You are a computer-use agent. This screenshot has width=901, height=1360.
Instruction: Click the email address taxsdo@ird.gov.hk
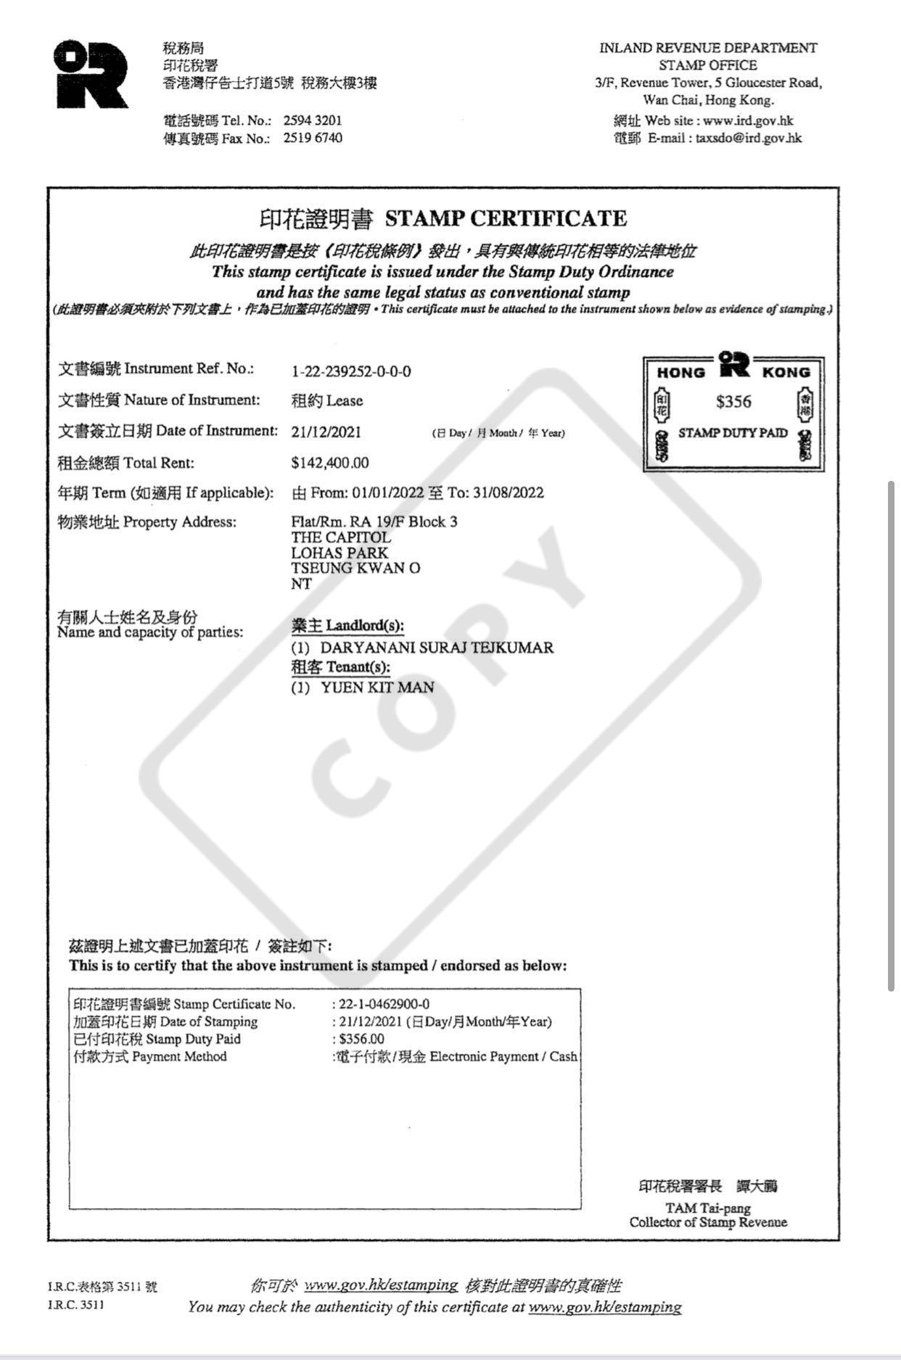(x=749, y=138)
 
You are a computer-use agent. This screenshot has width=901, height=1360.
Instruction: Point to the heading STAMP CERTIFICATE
(x=506, y=218)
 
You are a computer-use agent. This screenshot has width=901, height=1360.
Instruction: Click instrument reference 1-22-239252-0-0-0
(x=351, y=371)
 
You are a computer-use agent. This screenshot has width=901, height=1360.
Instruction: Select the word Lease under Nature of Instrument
(x=345, y=400)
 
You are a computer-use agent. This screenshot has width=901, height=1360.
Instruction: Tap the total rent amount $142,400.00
(x=330, y=463)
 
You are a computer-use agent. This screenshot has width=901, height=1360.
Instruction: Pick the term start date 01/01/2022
(x=387, y=493)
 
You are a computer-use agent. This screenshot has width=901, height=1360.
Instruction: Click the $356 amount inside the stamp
(x=733, y=402)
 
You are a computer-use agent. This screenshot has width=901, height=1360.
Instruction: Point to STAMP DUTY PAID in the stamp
(x=733, y=433)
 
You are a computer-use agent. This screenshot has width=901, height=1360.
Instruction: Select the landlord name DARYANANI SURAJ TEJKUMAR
(x=437, y=648)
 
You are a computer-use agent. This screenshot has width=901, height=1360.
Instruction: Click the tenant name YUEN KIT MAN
(x=377, y=687)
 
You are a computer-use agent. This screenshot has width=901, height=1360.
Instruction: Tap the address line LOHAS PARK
(x=340, y=553)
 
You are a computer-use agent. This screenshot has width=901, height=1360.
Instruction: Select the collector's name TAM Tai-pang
(x=708, y=1208)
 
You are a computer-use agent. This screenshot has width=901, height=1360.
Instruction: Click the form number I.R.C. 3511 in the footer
(x=76, y=1305)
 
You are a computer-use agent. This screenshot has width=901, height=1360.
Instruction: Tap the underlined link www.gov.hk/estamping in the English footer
(x=604, y=1307)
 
